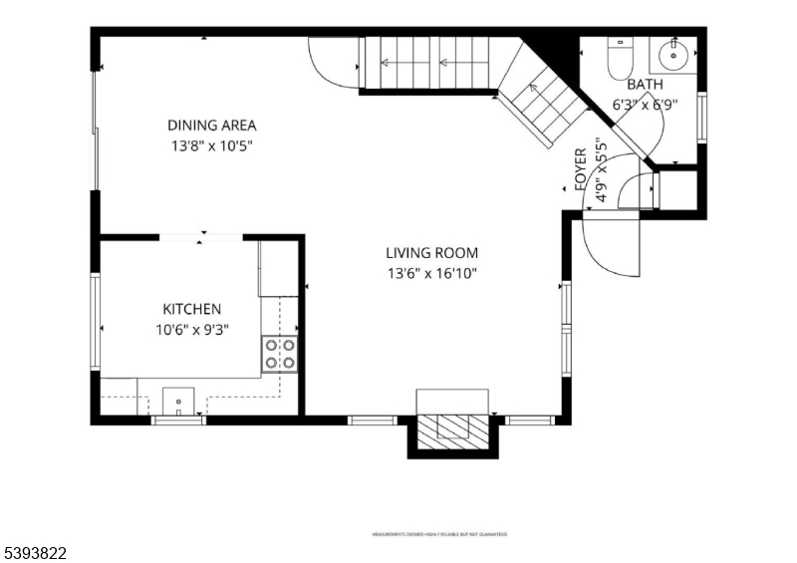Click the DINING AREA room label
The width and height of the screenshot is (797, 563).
pyautogui.click(x=211, y=126)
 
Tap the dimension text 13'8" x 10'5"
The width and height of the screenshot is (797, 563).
pyautogui.click(x=211, y=145)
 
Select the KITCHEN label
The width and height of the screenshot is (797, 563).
pyautogui.click(x=192, y=310)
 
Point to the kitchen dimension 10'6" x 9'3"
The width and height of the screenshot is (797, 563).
pyautogui.click(x=192, y=331)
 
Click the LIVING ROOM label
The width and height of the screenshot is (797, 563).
pyautogui.click(x=432, y=253)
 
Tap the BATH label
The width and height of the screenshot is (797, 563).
pyautogui.click(x=645, y=85)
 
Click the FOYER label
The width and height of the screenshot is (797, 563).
pyautogui.click(x=581, y=169)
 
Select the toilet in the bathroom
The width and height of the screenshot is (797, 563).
pyautogui.click(x=620, y=58)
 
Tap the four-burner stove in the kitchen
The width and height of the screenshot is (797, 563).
pyautogui.click(x=280, y=354)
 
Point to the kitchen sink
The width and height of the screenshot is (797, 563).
pyautogui.click(x=178, y=401)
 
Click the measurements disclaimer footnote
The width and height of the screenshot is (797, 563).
pyautogui.click(x=439, y=535)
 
